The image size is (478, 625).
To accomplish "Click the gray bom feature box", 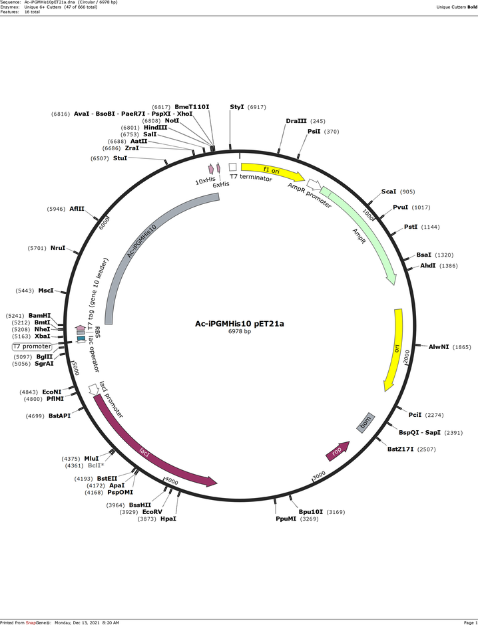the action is pyautogui.click(x=365, y=422).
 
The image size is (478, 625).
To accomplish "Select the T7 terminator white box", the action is pyautogui.click(x=232, y=167).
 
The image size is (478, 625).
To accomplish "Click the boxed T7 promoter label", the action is pyautogui.click(x=32, y=346).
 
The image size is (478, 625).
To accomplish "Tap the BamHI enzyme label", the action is pyautogui.click(x=39, y=316).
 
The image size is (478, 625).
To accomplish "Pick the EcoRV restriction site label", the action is pyautogui.click(x=152, y=512).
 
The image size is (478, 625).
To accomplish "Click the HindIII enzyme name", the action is pyautogui.click(x=156, y=128).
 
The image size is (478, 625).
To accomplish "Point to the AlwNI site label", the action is pyautogui.click(x=439, y=347).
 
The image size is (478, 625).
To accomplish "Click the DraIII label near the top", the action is pyautogui.click(x=296, y=121).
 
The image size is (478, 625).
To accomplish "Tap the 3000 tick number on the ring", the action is pyautogui.click(x=319, y=475).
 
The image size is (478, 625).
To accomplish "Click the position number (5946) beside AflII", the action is pyautogui.click(x=57, y=209).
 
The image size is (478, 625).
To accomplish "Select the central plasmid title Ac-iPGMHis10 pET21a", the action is pyautogui.click(x=240, y=323).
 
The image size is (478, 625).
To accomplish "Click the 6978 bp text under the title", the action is pyautogui.click(x=240, y=331).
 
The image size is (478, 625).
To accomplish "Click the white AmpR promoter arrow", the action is pyautogui.click(x=314, y=184).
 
